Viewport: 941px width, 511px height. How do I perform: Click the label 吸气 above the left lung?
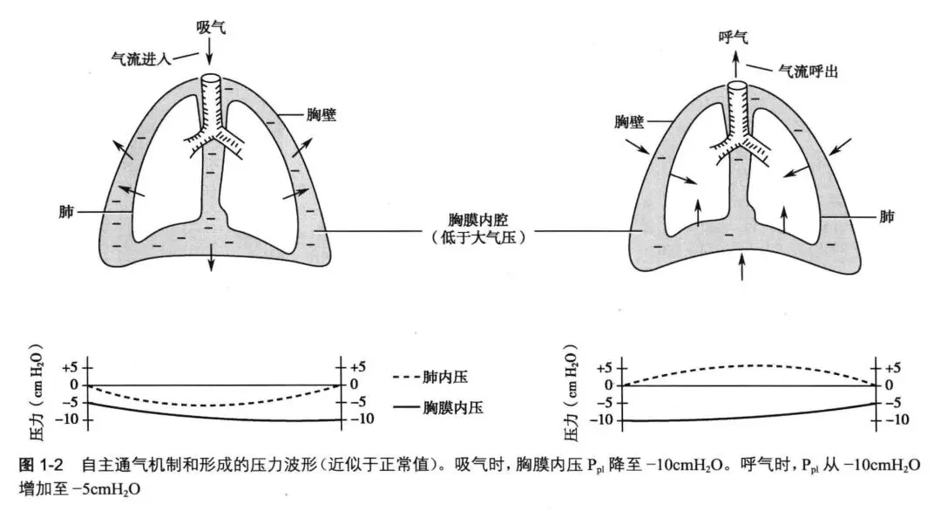click(210, 27)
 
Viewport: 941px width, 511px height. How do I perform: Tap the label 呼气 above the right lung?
click(733, 36)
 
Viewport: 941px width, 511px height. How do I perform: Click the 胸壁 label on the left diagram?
click(322, 116)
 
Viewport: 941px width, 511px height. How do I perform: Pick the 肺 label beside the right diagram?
click(887, 215)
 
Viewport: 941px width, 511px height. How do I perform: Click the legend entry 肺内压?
click(452, 377)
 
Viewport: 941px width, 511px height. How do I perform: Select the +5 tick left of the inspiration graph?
click(70, 367)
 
